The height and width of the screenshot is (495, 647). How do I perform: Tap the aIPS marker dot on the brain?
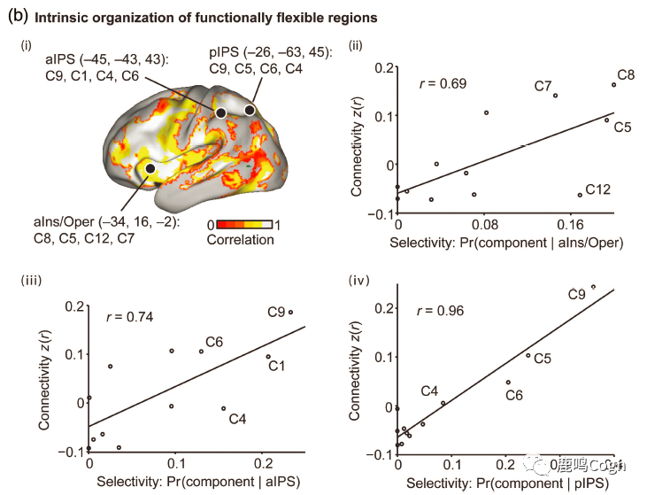point(220,112)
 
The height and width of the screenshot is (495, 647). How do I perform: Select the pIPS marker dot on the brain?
point(250,110)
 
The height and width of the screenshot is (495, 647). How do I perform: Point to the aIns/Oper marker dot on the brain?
point(150,168)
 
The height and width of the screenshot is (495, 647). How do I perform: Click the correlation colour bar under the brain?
point(241,226)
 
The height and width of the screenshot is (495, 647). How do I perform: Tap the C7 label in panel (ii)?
point(543,86)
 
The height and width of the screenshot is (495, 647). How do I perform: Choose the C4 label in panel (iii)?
point(237,418)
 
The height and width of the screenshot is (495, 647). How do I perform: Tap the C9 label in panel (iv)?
point(576,294)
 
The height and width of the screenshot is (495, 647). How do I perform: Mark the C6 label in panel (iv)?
point(513,395)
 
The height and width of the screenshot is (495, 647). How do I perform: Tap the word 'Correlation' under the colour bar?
point(240,240)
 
